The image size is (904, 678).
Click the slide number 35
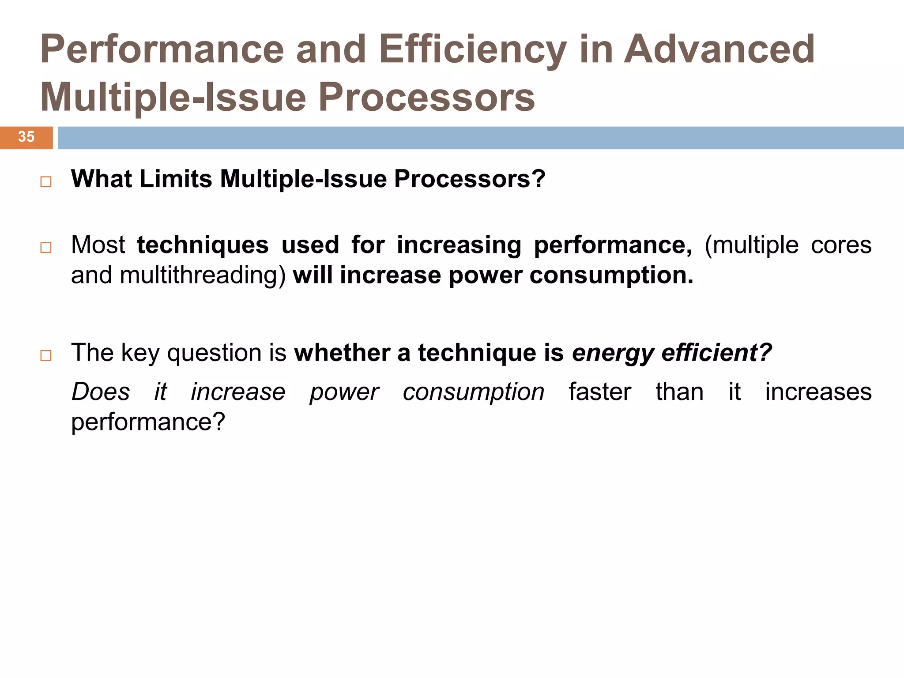tap(26, 137)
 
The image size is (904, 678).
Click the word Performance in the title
tap(162, 49)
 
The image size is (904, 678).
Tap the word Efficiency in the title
tap(472, 49)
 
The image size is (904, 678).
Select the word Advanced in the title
tap(719, 49)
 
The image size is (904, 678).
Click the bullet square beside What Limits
tap(46, 182)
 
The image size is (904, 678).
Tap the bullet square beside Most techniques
tap(46, 248)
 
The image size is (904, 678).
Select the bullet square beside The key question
tap(46, 356)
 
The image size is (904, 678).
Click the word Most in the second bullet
tap(98, 245)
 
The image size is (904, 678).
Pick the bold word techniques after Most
tap(203, 245)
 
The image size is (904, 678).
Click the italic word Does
tap(101, 392)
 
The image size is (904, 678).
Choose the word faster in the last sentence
tap(600, 392)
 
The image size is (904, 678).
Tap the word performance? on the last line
tap(148, 422)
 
